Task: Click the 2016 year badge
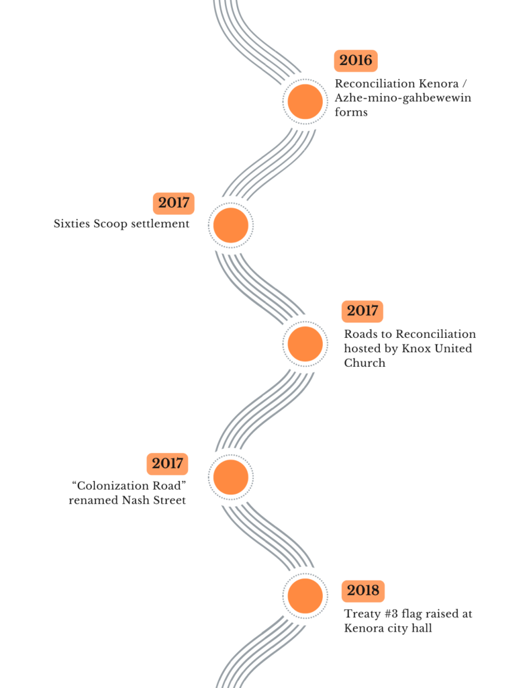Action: coord(356,60)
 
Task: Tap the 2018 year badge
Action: coord(363,591)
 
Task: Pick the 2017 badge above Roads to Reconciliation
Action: coord(363,312)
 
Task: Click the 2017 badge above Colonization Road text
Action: coord(167,464)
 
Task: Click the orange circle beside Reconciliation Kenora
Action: coord(305,101)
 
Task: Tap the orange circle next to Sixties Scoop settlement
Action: coord(230,225)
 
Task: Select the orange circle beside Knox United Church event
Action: coord(305,344)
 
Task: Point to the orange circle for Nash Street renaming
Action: coord(230,476)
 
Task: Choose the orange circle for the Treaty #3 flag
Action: coord(305,596)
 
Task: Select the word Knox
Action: coord(416,349)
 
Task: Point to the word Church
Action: coord(365,363)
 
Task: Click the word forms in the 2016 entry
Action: coord(351,112)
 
